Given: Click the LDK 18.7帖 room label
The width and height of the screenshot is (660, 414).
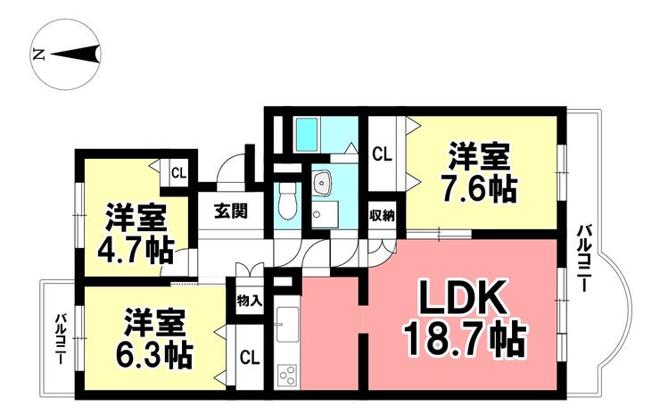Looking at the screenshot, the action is pyautogui.click(x=465, y=317).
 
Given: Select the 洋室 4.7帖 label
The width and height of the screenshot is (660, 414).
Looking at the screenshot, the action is pyautogui.click(x=136, y=234).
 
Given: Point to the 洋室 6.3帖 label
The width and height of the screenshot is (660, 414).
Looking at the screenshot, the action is pyautogui.click(x=154, y=338).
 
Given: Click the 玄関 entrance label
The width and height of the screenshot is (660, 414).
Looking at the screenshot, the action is pyautogui.click(x=230, y=211).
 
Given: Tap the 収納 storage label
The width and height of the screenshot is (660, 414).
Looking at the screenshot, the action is pyautogui.click(x=382, y=216).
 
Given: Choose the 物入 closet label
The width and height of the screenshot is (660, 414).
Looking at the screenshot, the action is pyautogui.click(x=250, y=301).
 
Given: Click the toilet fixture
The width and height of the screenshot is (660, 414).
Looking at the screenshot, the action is pyautogui.click(x=288, y=203).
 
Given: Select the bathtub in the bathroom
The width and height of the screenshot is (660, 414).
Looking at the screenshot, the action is pyautogui.click(x=306, y=135).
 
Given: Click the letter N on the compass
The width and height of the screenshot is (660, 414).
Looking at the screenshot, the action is pyautogui.click(x=38, y=54).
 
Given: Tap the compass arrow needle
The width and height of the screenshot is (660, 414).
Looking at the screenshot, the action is pyautogui.click(x=76, y=54).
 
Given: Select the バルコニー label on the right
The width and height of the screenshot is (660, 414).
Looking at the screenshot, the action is pyautogui.click(x=582, y=258).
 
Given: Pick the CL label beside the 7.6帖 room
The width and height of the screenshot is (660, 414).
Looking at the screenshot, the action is pyautogui.click(x=383, y=154).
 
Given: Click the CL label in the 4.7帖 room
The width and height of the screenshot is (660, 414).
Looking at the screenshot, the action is pyautogui.click(x=178, y=173).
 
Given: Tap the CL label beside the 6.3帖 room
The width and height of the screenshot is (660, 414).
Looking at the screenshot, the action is pyautogui.click(x=250, y=358).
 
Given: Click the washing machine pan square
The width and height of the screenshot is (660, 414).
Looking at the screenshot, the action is pyautogui.click(x=326, y=214).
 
